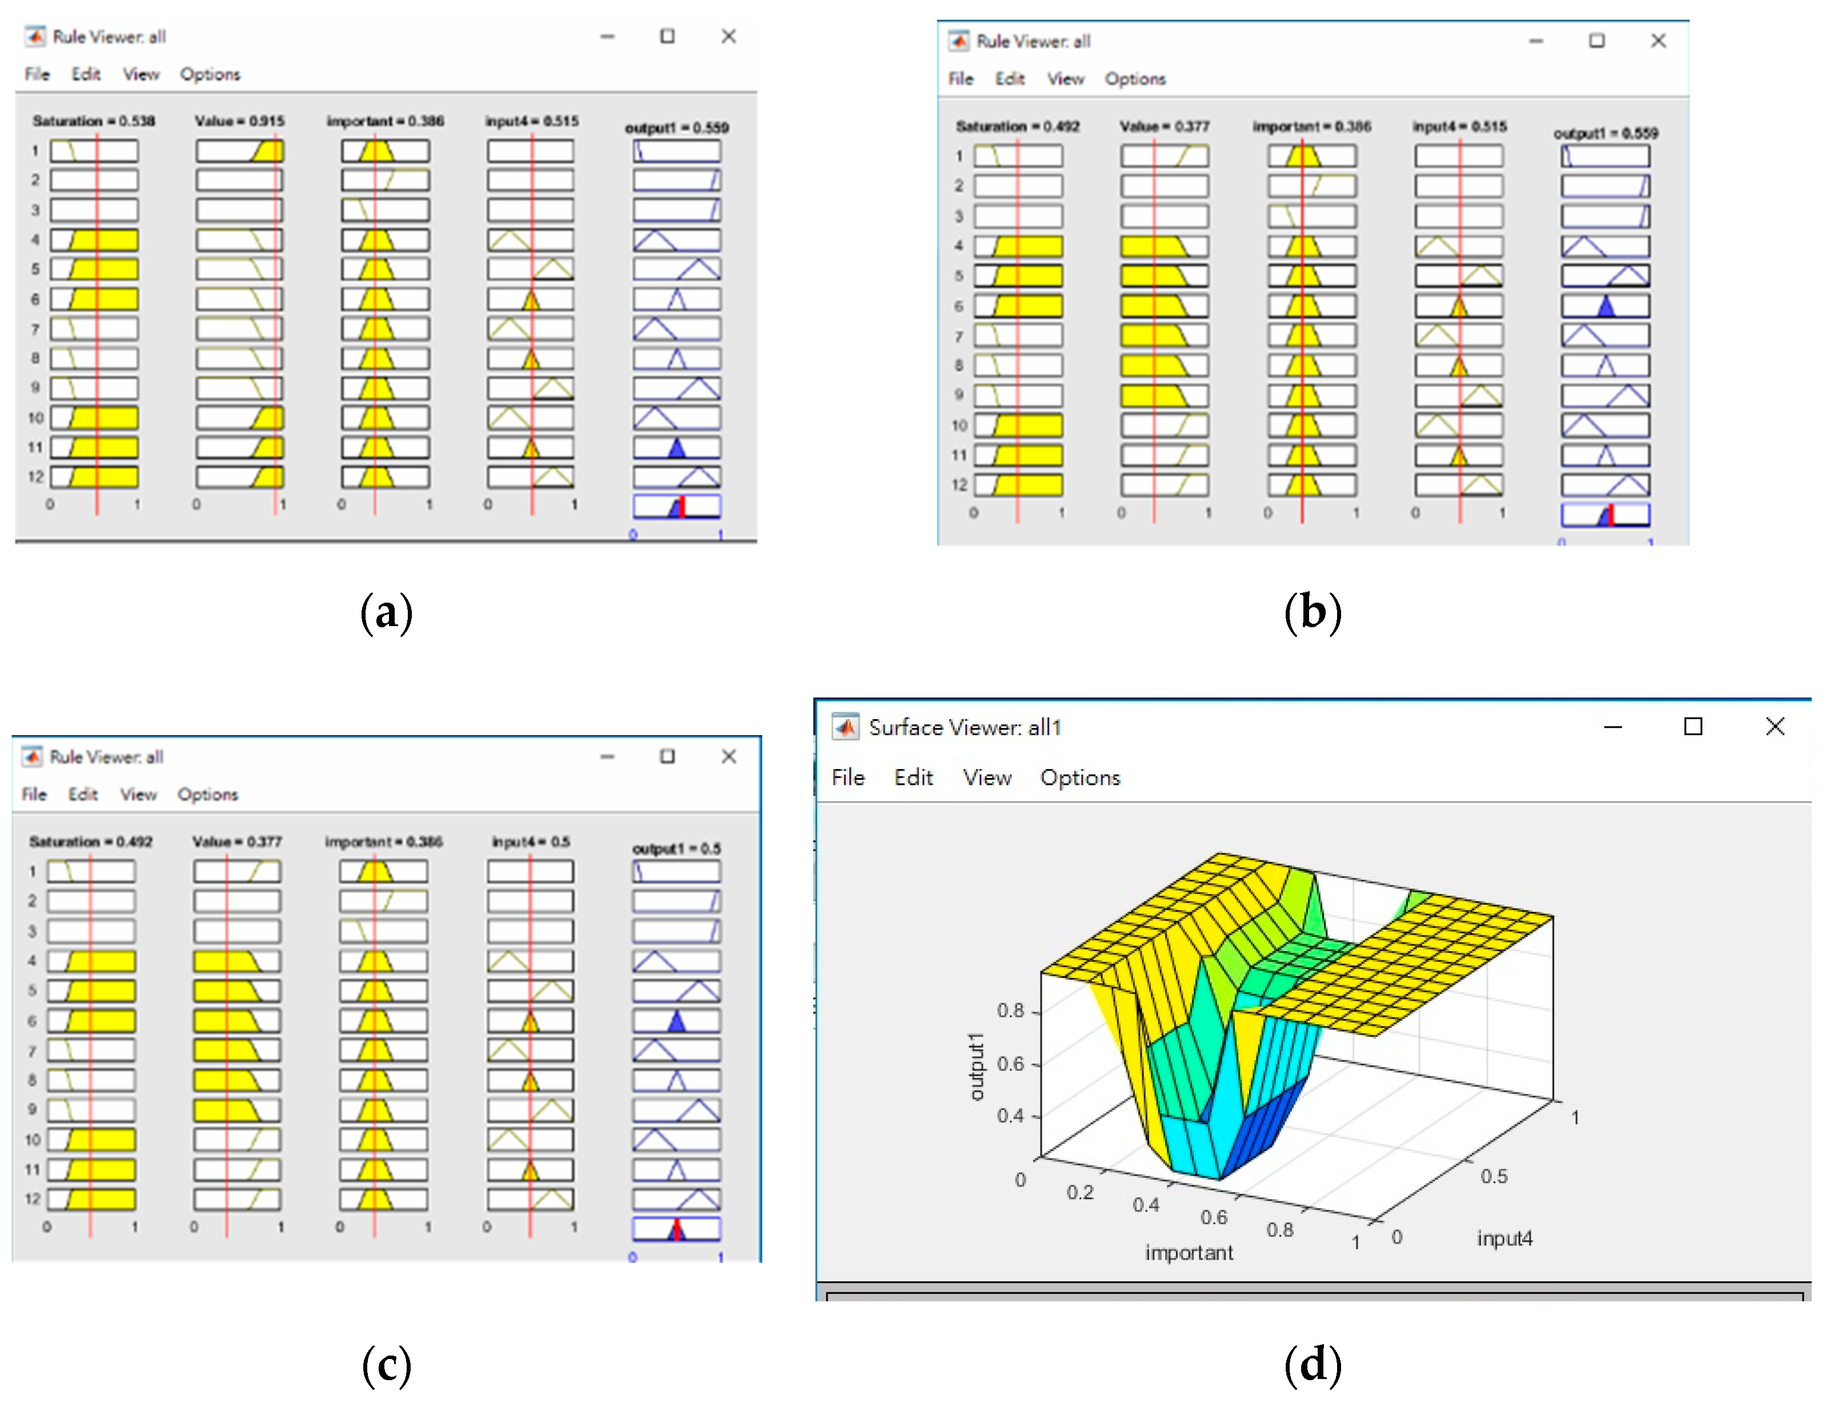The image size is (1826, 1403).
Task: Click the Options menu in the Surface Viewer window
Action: tap(1079, 777)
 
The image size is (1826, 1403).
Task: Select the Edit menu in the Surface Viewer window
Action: tap(913, 777)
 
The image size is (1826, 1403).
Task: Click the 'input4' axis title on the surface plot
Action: tap(1504, 1238)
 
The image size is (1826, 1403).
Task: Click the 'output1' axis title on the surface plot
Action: tap(975, 1067)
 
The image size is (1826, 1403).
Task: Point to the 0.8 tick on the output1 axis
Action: tap(1010, 1011)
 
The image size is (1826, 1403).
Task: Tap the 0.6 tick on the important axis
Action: tap(1213, 1217)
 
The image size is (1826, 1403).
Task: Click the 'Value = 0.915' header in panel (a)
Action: tap(240, 121)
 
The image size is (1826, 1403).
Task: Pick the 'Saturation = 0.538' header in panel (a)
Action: tap(94, 121)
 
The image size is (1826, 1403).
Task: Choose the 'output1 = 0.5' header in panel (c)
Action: tap(676, 848)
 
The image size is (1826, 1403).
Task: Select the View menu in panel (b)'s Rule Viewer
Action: tap(1065, 78)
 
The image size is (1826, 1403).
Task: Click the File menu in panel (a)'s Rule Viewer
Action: tap(37, 74)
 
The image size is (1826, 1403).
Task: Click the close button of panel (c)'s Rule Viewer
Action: tap(728, 756)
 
